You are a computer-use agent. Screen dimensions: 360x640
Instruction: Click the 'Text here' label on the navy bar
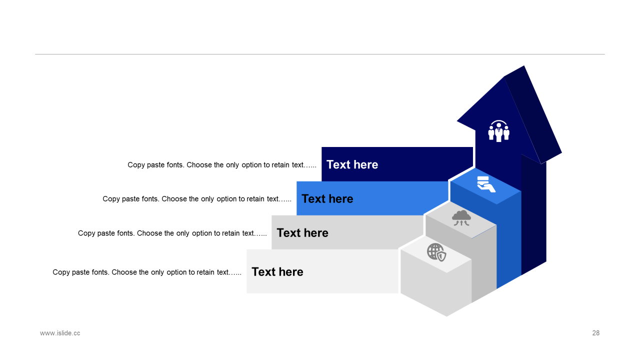point(352,164)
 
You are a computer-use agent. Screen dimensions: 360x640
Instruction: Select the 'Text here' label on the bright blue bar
point(327,198)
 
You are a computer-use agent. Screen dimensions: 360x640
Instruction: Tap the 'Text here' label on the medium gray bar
point(302,232)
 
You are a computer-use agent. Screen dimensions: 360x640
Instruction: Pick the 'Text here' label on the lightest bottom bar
point(277,271)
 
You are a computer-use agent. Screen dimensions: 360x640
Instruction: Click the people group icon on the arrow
point(498,131)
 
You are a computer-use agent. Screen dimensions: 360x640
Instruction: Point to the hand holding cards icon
point(485,184)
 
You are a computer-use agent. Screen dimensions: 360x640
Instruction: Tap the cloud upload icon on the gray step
point(461,218)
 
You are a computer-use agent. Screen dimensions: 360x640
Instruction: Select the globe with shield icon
point(436,252)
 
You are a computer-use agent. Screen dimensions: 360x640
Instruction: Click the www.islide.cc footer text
point(60,333)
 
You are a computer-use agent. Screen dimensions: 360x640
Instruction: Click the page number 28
point(595,333)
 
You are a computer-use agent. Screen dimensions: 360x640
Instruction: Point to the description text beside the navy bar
point(222,164)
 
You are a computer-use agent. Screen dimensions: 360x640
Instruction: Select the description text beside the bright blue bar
point(197,198)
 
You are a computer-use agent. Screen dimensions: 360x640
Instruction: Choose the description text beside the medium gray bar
point(172,233)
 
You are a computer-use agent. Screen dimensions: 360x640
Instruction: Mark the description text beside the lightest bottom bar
point(147,272)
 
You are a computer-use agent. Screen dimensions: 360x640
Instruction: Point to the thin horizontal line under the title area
point(320,54)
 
